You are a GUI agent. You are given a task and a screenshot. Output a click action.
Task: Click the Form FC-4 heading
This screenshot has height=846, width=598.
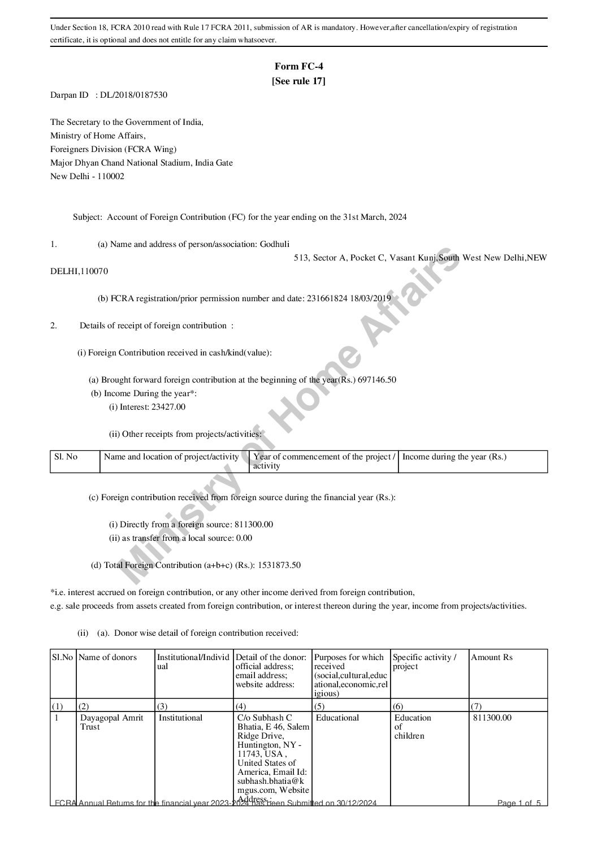[x=298, y=67]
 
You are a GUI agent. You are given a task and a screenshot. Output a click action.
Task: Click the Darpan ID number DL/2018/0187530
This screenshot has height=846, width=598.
[x=134, y=96]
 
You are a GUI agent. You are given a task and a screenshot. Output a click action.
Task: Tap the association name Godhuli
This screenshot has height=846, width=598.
[x=274, y=244]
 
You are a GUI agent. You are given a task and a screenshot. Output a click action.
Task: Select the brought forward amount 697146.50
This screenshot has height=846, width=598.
[x=377, y=380]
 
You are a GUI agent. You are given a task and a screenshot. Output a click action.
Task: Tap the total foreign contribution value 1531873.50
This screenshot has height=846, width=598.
[x=279, y=565]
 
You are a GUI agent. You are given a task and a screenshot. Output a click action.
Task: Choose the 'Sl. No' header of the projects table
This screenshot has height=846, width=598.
[x=66, y=457]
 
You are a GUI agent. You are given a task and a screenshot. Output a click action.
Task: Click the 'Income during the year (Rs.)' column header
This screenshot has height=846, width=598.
[x=454, y=457]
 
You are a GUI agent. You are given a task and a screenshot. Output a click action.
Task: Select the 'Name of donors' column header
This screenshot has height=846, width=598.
[x=108, y=657]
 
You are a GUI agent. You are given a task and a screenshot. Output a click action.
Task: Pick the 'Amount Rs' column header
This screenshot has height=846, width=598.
[x=492, y=657]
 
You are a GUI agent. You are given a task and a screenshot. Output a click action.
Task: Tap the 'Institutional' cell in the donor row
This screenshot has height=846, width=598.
[x=180, y=718]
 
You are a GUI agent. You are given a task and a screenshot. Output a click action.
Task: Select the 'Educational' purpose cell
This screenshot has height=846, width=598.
[x=337, y=718]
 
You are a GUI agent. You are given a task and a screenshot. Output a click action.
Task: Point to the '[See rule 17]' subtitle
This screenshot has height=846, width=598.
[x=298, y=81]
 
